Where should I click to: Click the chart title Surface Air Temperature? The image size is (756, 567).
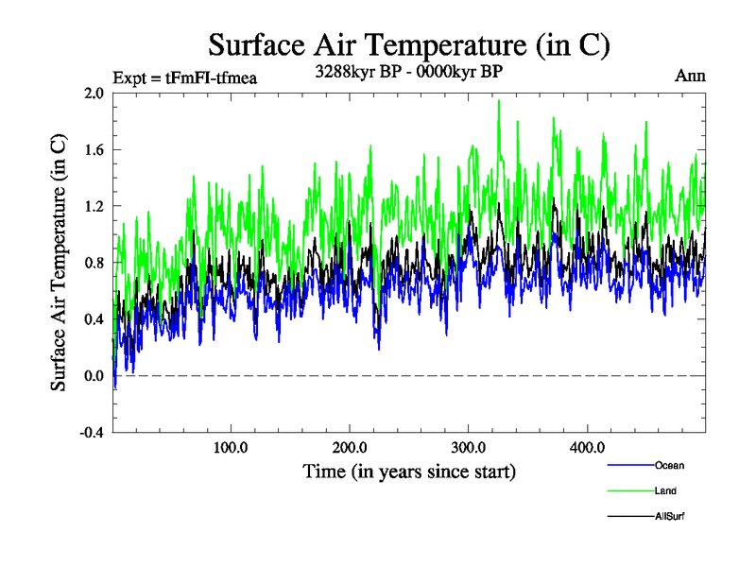408,45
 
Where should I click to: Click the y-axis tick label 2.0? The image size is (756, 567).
93,93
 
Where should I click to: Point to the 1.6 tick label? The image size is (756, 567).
93,149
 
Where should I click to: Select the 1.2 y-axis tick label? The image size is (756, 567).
93,206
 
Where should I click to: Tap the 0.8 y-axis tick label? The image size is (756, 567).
93,263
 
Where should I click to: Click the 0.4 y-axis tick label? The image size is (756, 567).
93,319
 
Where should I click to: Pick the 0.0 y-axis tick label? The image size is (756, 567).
93,376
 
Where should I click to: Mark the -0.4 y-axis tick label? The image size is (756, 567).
91,433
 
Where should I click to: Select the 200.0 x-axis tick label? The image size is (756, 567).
351,448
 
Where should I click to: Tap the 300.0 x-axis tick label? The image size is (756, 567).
470,448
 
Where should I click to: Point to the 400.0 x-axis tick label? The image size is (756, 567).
588,448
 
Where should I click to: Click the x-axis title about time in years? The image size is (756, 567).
409,471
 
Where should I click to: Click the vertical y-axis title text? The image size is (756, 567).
59,263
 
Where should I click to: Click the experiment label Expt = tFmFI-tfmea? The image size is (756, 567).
184,77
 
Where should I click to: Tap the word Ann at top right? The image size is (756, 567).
689,76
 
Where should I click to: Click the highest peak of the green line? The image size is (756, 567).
498,100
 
